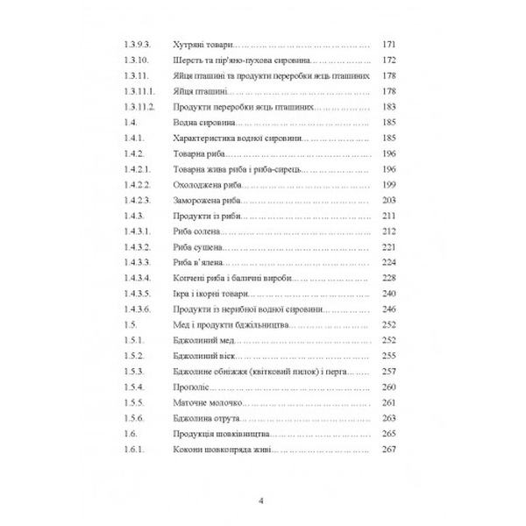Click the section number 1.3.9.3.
point(136,42)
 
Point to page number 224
point(390,262)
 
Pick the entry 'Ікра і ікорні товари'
point(205,294)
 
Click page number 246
point(390,309)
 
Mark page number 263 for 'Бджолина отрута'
point(390,419)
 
